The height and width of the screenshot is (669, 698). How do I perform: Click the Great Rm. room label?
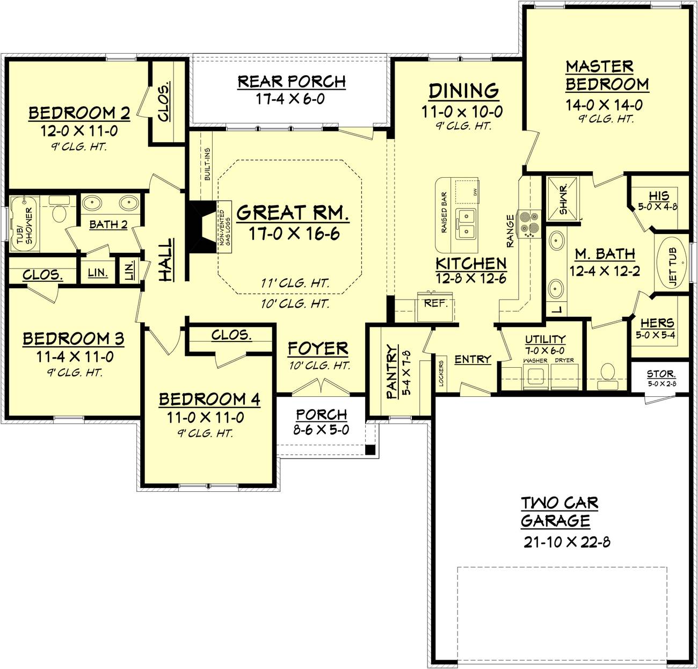(292, 213)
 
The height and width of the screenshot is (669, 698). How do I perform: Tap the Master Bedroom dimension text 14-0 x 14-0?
(604, 105)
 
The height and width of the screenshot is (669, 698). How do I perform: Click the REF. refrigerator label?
(436, 303)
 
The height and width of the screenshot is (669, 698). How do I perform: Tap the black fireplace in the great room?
(201, 228)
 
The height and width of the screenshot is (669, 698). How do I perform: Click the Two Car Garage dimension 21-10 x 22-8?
(567, 542)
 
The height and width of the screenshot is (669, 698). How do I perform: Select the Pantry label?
(392, 372)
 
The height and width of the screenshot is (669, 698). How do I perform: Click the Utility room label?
(545, 339)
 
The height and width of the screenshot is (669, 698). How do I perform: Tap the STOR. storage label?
(661, 374)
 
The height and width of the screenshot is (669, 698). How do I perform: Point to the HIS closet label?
(659, 195)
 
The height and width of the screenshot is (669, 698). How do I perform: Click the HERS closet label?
(657, 323)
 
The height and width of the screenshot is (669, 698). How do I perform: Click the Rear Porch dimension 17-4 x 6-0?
(290, 99)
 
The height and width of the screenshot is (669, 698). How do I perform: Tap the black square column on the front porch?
(370, 449)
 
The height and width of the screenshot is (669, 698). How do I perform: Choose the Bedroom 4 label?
(209, 399)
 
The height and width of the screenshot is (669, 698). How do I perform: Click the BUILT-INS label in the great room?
(207, 164)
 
